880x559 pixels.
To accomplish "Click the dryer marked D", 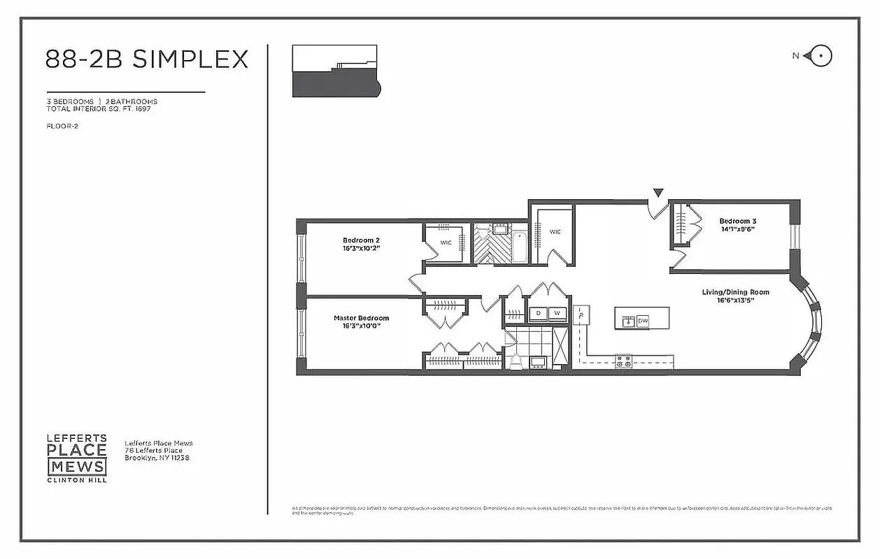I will [x=538, y=314].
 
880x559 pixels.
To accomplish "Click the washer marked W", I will [x=558, y=314].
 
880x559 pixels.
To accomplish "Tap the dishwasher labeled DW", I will [x=643, y=321].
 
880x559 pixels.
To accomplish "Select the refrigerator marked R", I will [x=581, y=315].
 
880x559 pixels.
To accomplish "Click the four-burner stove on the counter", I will [x=623, y=361].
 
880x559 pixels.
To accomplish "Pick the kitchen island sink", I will [x=627, y=321].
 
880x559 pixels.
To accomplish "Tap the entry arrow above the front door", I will [x=658, y=192].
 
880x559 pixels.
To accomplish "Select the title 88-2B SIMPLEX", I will [x=147, y=59].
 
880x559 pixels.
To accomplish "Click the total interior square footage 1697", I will [x=143, y=109].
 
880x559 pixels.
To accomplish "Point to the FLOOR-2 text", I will [x=62, y=126].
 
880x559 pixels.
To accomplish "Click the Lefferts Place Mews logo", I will [x=77, y=458].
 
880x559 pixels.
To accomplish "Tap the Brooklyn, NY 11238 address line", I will [x=157, y=458].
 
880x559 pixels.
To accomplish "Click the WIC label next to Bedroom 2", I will [x=446, y=242].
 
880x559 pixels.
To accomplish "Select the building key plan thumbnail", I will [x=335, y=71].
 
